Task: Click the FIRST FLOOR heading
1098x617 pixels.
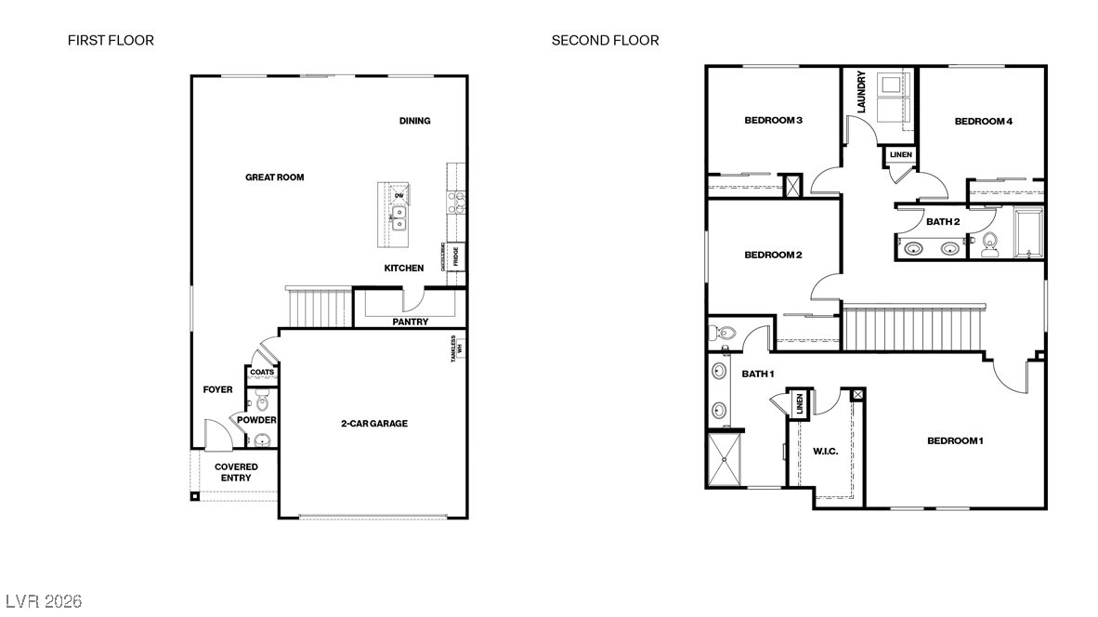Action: click(111, 40)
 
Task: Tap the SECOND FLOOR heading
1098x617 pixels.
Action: click(605, 40)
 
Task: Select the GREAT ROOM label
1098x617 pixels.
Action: click(274, 177)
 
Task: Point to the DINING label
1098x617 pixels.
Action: click(414, 121)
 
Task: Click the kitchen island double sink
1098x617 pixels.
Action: click(399, 218)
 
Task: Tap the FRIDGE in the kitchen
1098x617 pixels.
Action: click(456, 256)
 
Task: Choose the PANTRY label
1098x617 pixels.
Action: click(410, 322)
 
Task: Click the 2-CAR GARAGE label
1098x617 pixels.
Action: click(373, 424)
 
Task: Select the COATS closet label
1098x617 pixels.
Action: click(262, 373)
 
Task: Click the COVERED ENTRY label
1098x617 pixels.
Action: click(236, 472)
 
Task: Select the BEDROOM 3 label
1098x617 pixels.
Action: click(773, 120)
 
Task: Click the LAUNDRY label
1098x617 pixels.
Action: click(861, 92)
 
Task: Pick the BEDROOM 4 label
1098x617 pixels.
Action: click(983, 121)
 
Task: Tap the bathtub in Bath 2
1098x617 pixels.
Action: click(1028, 231)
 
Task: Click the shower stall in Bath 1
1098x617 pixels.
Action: click(725, 459)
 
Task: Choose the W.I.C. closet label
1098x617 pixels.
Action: click(825, 452)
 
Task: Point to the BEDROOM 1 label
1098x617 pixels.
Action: click(954, 440)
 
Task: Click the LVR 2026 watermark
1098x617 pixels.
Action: click(44, 601)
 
